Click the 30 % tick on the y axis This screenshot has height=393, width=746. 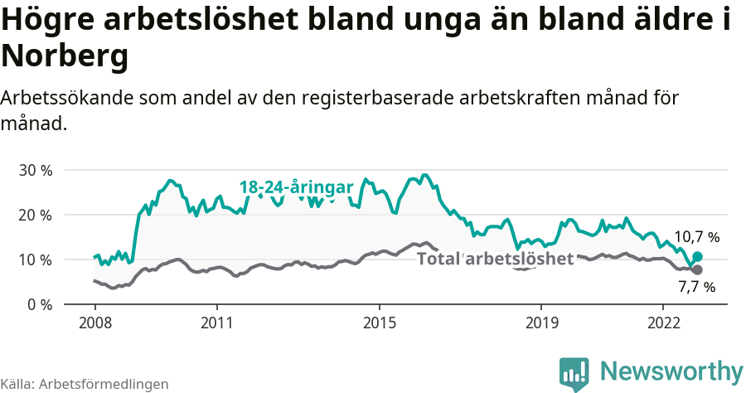tap(35, 170)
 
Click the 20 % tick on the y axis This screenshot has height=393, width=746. tap(35, 215)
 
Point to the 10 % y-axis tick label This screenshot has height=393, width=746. tap(35, 260)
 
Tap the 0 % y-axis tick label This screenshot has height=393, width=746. tap(39, 304)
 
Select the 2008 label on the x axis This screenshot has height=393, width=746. tap(94, 322)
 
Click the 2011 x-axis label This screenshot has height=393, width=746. tap(216, 322)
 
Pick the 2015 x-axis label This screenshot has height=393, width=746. tap(379, 322)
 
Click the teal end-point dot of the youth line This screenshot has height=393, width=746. tap(697, 257)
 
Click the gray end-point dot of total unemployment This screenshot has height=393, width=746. tap(697, 270)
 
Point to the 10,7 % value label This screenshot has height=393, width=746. tap(696, 237)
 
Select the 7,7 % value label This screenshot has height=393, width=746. tap(696, 288)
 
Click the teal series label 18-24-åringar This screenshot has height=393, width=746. tap(297, 187)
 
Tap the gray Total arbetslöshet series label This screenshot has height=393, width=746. tap(495, 259)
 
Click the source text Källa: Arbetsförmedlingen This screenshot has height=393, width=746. tap(85, 384)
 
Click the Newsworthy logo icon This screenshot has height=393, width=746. tap(574, 373)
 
